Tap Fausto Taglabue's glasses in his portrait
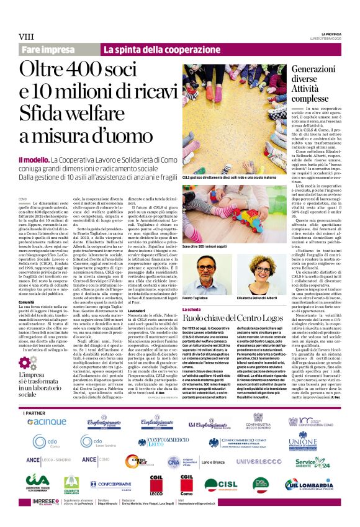pos(204,267)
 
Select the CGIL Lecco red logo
pos(156,484)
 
